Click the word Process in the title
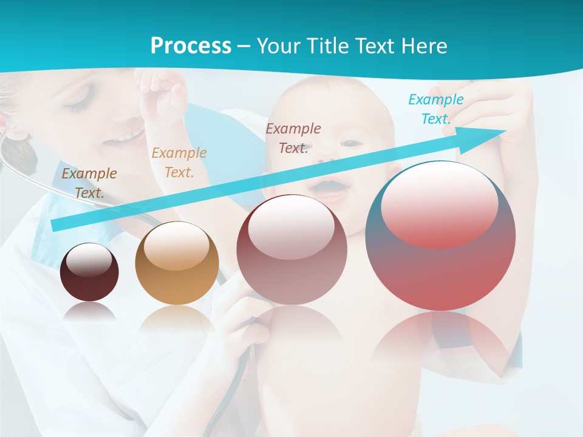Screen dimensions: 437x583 (191, 46)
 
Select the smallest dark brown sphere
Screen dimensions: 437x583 (89, 273)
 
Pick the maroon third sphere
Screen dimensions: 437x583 (291, 250)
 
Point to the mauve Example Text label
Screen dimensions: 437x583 (293, 138)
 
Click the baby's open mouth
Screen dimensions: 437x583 (333, 186)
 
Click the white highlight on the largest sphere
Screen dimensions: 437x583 (439, 203)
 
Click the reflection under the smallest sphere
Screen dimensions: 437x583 (89, 313)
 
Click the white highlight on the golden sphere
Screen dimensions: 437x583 (177, 246)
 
